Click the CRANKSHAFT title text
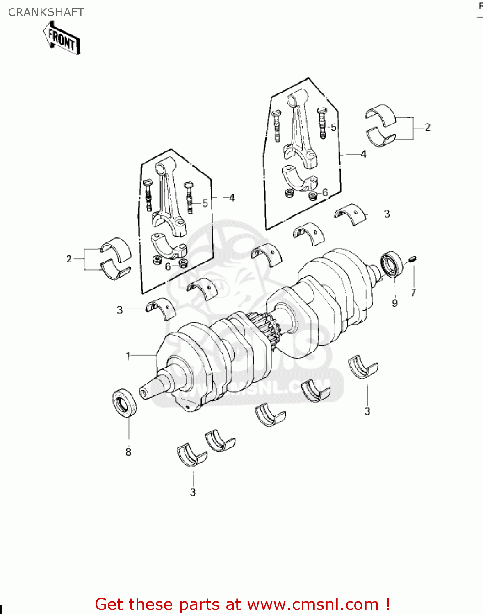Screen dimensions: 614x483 (x=46, y=12)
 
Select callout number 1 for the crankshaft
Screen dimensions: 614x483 (x=128, y=356)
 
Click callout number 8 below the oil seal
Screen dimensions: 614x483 (x=128, y=452)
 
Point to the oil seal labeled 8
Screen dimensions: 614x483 (x=124, y=403)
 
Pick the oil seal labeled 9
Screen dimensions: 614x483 (x=392, y=264)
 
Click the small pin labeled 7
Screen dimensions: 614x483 (x=412, y=259)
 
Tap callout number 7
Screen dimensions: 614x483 (x=413, y=293)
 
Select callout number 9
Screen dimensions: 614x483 (x=394, y=303)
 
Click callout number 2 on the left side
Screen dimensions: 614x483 (x=69, y=259)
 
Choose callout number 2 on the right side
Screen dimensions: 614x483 (x=428, y=127)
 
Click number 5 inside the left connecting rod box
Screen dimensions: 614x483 (x=205, y=203)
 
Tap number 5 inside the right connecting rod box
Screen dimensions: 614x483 (x=333, y=127)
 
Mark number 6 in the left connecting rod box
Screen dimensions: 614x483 (x=168, y=267)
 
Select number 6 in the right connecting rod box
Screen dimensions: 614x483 (x=325, y=192)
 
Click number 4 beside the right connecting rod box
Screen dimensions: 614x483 (x=363, y=154)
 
